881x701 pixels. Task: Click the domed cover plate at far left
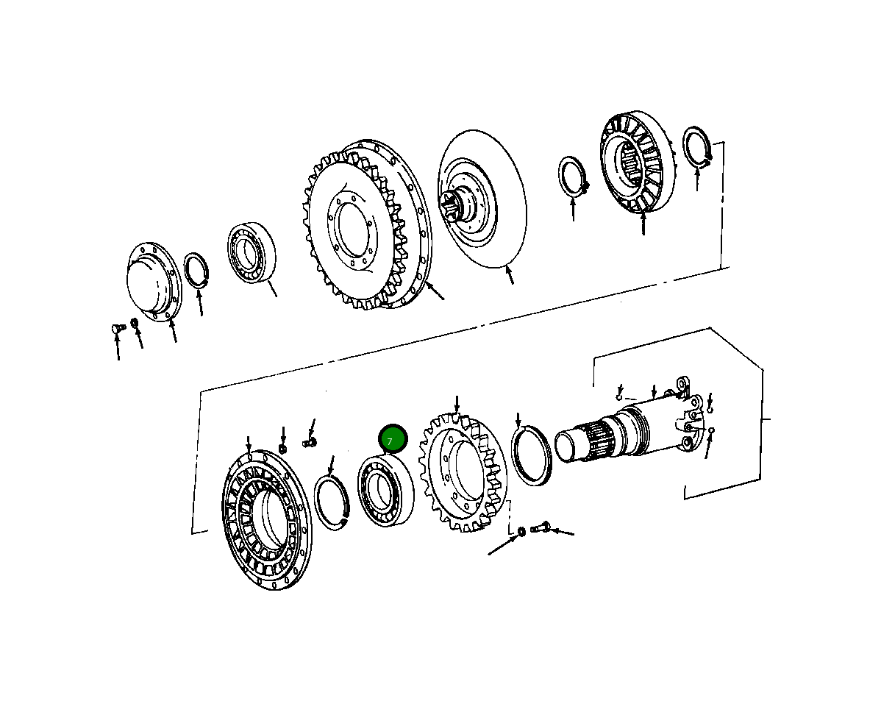click(x=151, y=282)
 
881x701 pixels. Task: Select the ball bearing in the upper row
click(x=251, y=253)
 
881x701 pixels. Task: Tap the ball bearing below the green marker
click(x=385, y=491)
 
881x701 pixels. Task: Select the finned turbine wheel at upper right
click(x=638, y=163)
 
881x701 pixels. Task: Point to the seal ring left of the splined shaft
click(x=532, y=456)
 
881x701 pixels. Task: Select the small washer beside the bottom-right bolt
click(x=521, y=531)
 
